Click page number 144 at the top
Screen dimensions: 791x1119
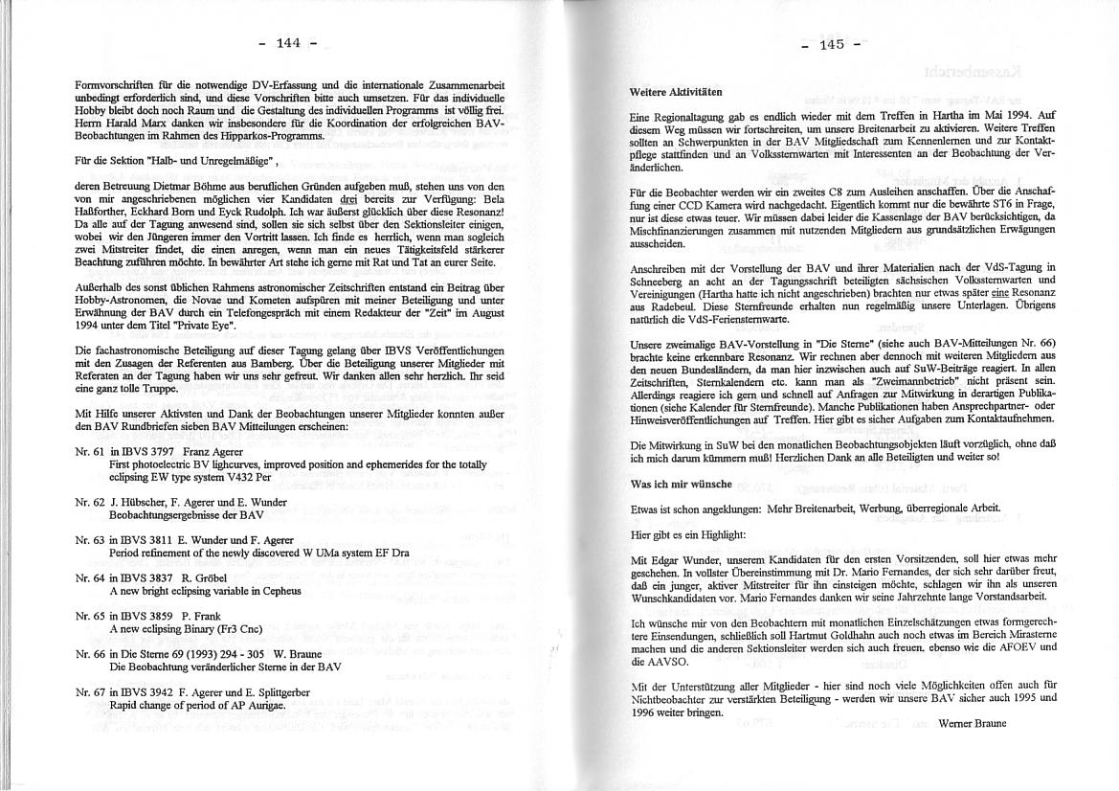click(x=289, y=42)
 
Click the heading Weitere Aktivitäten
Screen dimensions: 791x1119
click(x=676, y=92)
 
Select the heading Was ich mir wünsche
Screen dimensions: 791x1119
click(x=681, y=485)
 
